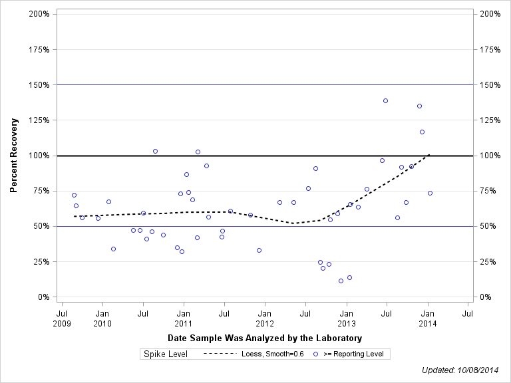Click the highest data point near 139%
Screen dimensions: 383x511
[x=385, y=100]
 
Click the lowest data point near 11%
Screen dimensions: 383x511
[x=341, y=281]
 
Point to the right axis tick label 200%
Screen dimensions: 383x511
[x=490, y=14]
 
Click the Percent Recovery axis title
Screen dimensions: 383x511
[x=13, y=156]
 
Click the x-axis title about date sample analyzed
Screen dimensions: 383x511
[x=265, y=338]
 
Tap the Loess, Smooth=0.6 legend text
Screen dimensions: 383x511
[x=273, y=354]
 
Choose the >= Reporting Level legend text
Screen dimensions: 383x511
[x=353, y=354]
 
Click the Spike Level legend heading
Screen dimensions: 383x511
[x=166, y=354]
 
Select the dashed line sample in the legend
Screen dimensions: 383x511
[x=220, y=354]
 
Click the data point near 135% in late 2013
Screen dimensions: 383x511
[x=419, y=106]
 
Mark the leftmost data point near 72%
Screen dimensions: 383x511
[x=74, y=195]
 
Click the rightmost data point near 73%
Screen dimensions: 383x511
[x=430, y=193]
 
